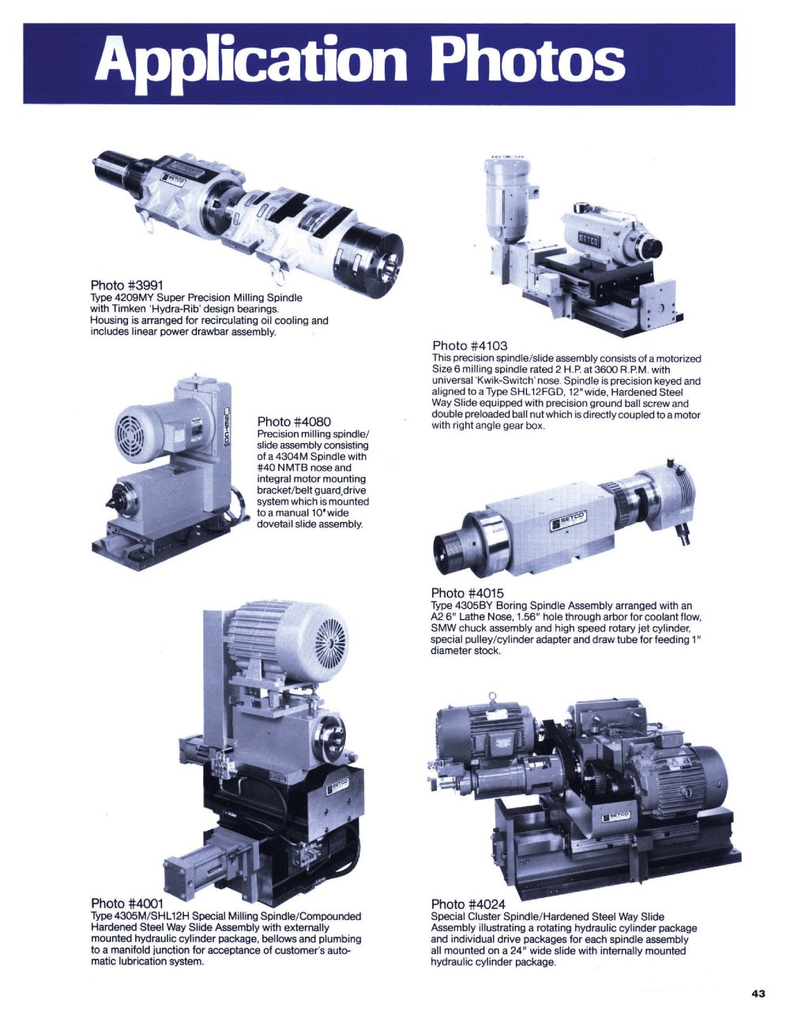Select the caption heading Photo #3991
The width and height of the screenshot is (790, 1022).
[x=127, y=285]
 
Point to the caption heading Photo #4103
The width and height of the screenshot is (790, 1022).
[x=470, y=346]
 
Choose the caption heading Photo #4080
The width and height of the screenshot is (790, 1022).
[x=294, y=421]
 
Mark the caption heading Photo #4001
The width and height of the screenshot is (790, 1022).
[x=127, y=903]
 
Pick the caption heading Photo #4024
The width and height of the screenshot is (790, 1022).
[x=468, y=904]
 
